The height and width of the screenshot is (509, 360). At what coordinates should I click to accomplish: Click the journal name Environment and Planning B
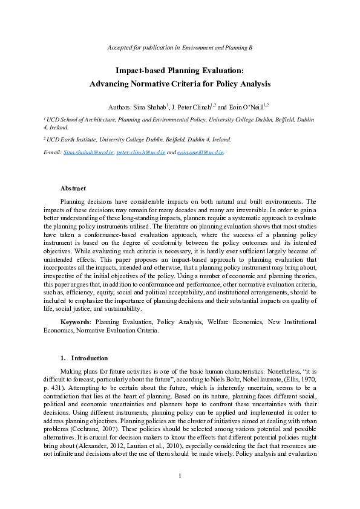218,47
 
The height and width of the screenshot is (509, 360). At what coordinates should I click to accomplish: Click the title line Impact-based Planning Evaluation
180,70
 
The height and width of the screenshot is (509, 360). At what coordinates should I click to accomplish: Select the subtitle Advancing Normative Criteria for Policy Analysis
180,84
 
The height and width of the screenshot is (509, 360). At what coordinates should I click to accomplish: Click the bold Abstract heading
73,189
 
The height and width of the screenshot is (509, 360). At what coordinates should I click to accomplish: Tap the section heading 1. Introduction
84,358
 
